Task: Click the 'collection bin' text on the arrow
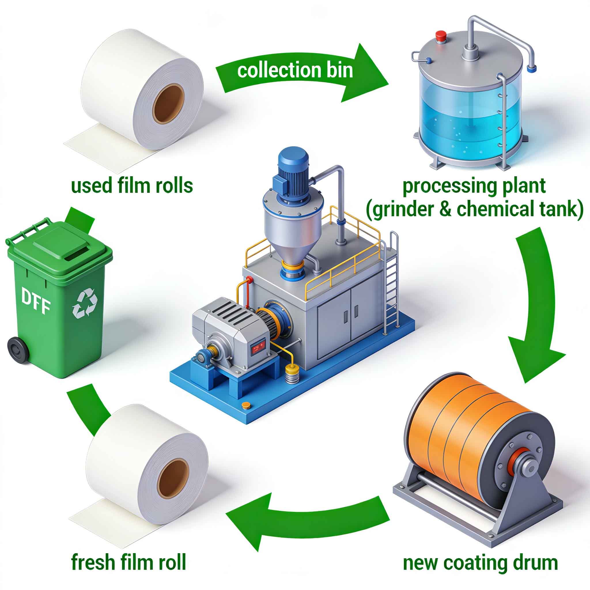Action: pyautogui.click(x=295, y=70)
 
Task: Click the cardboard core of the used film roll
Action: pyautogui.click(x=168, y=103)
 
